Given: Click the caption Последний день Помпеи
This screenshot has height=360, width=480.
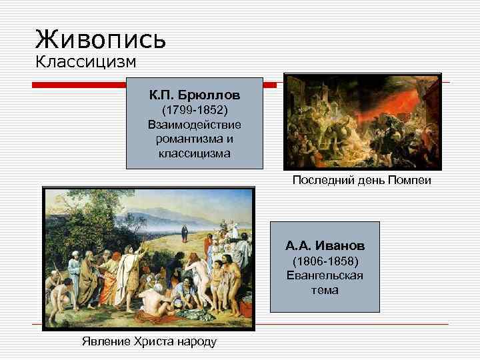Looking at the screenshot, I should point(362,181).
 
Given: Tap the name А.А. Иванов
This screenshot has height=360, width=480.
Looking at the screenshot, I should point(325,245).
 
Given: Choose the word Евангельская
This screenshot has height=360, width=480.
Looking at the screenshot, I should point(325,275).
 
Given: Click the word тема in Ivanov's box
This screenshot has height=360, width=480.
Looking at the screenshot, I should point(325,290).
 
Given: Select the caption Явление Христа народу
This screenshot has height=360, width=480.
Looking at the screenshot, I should point(149,342).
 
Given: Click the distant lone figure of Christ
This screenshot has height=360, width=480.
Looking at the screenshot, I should point(185,233).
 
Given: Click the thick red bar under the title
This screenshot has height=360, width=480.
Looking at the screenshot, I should point(80,85).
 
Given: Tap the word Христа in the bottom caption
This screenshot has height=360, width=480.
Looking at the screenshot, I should point(152,342).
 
